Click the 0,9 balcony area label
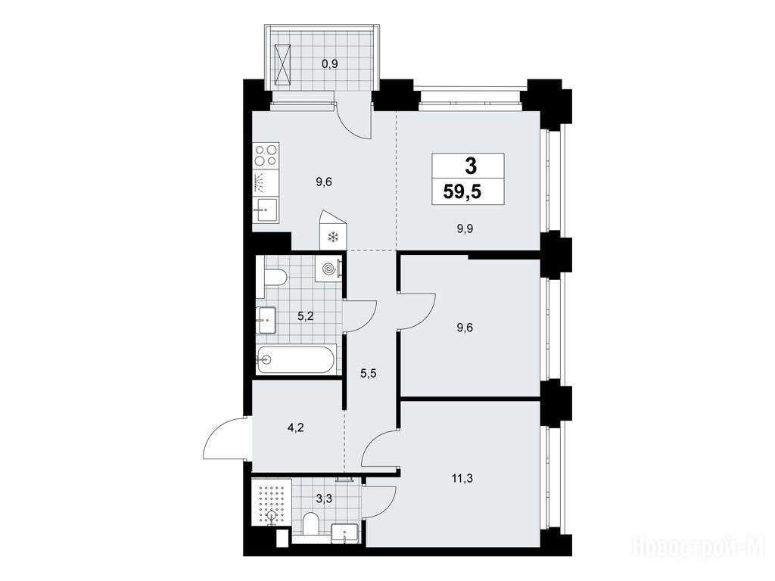click(330, 64)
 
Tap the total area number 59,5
click(462, 191)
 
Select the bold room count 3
click(471, 166)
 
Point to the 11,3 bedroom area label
click(462, 478)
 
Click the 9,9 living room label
click(465, 228)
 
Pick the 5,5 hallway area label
click(369, 374)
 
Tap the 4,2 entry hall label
click(296, 427)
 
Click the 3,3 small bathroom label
click(324, 499)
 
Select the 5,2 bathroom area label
click(306, 316)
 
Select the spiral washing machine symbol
click(328, 269)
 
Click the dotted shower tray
click(271, 502)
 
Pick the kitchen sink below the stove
click(266, 210)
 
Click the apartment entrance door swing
click(225, 439)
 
